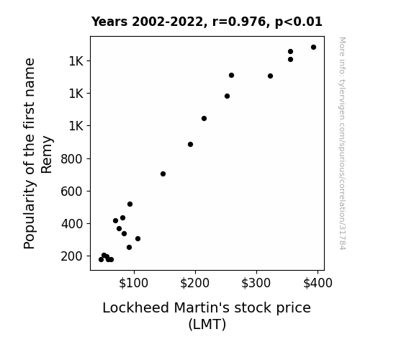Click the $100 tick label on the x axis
click(x=133, y=283)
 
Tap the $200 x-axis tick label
click(x=194, y=283)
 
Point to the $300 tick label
click(x=256, y=283)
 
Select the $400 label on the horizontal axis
click(x=318, y=283)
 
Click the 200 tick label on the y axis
click(x=72, y=256)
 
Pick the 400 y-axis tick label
click(x=72, y=224)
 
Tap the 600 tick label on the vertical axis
click(x=72, y=192)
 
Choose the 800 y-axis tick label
click(x=72, y=159)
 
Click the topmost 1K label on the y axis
click(x=76, y=61)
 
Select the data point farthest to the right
click(x=313, y=48)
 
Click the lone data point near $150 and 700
click(x=163, y=174)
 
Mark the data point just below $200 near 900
click(x=190, y=145)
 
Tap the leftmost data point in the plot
click(x=101, y=260)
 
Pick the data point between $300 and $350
click(x=270, y=76)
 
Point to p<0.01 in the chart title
click(x=299, y=22)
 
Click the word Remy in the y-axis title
click(x=47, y=155)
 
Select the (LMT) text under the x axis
click(x=207, y=324)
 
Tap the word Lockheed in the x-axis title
click(x=135, y=307)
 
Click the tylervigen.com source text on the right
click(x=342, y=143)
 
